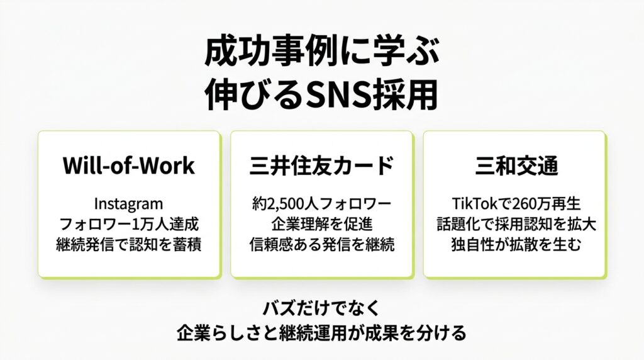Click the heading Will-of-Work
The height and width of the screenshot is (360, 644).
click(128, 166)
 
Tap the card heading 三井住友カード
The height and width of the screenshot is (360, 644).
click(321, 166)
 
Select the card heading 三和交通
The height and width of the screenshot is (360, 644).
click(516, 166)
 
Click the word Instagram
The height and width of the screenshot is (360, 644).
click(128, 204)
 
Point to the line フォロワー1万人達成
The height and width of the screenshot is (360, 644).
click(129, 224)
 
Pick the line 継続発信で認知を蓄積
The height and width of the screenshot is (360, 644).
click(128, 245)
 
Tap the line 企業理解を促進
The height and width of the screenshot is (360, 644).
click(322, 224)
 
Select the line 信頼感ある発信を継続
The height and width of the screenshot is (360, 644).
click(322, 245)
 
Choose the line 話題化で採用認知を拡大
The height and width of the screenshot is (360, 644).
click(516, 224)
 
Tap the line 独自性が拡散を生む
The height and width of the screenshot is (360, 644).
click(516, 245)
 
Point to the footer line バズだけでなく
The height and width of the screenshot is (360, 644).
click(321, 308)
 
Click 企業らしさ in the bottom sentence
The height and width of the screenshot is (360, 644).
click(218, 333)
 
